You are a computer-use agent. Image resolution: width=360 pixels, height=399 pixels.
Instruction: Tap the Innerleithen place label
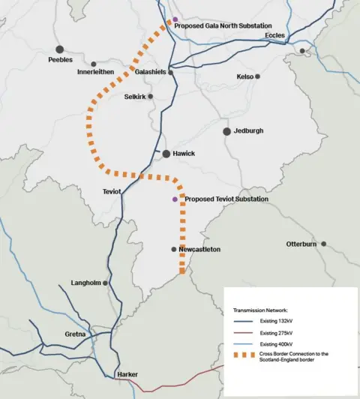click(x=95, y=72)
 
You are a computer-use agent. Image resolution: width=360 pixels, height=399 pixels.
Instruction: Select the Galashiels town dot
click(x=171, y=73)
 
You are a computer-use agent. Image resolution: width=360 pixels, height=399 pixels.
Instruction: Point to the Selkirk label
click(x=135, y=97)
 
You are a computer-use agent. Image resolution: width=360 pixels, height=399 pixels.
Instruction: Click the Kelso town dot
click(x=257, y=76)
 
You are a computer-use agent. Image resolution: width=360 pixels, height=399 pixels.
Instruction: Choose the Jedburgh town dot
click(x=226, y=131)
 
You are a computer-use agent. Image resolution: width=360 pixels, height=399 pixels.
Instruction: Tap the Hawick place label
click(x=184, y=154)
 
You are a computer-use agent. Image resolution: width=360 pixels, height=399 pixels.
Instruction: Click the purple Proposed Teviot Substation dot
click(x=175, y=199)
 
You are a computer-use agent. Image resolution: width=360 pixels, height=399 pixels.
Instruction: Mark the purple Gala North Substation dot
click(x=175, y=19)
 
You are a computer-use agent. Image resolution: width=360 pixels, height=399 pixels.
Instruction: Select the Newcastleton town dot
click(x=174, y=249)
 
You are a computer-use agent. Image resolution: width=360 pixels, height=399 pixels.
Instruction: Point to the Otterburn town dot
click(x=324, y=244)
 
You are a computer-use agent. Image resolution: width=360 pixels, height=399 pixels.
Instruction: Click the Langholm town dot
click(x=106, y=283)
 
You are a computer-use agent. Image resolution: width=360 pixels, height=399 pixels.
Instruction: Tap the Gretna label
click(x=75, y=334)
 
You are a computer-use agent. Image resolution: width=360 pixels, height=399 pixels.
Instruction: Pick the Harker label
click(x=127, y=373)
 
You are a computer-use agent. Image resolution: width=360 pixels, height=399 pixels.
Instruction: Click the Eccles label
click(x=274, y=34)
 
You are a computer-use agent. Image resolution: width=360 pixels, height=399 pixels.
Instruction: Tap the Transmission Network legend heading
click(x=260, y=309)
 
